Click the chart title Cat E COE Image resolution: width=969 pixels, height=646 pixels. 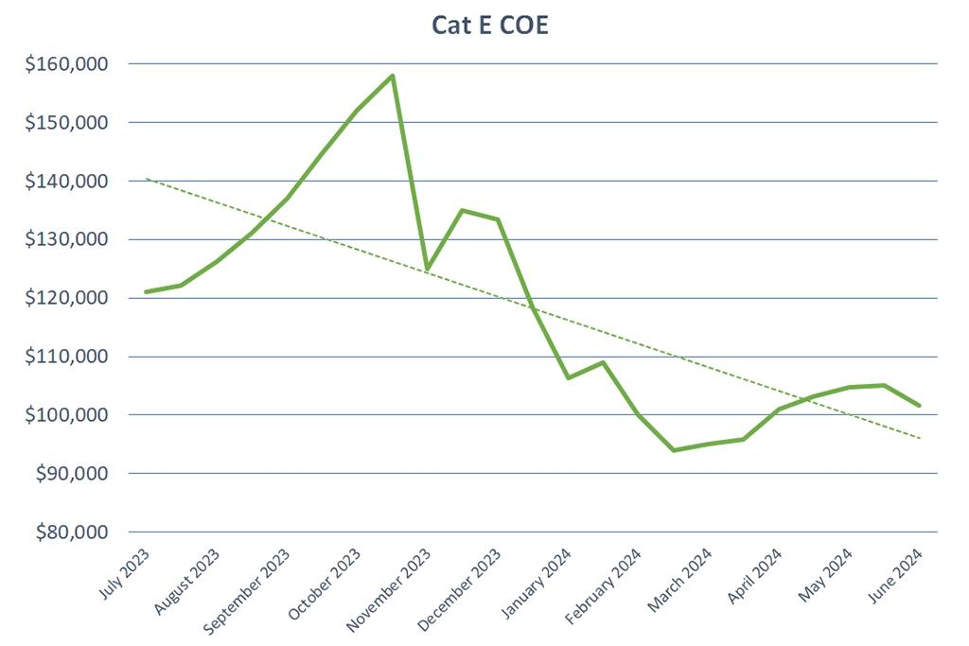(490, 26)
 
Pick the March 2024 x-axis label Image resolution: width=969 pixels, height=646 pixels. (680, 578)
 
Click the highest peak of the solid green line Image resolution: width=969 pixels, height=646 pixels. (392, 76)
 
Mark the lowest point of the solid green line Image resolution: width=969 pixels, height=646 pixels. (673, 450)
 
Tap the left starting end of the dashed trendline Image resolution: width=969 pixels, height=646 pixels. (147, 179)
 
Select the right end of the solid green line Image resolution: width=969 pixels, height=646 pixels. (919, 405)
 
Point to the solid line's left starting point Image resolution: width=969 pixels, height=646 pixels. (147, 291)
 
